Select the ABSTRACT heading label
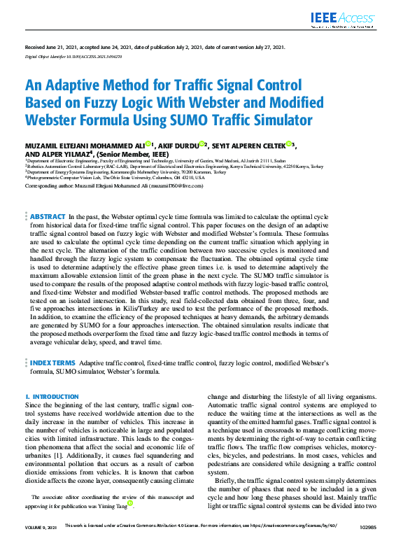(48, 217)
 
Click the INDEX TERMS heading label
(52, 363)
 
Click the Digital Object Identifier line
(73, 55)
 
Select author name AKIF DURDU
(173, 145)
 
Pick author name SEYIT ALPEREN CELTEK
(252, 145)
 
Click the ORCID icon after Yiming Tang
(131, 505)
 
